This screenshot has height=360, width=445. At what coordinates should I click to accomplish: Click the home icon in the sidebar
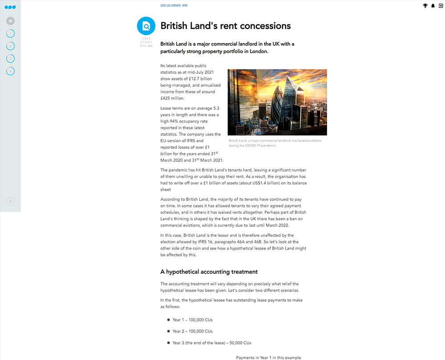pyautogui.click(x=11, y=21)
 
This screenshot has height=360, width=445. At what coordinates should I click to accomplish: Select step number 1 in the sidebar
pyautogui.click(x=11, y=33)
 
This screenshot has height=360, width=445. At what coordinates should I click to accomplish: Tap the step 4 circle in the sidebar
pyautogui.click(x=11, y=71)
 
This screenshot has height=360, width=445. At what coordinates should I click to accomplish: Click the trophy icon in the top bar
pyautogui.click(x=425, y=6)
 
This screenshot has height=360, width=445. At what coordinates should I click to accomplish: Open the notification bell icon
pyautogui.click(x=433, y=6)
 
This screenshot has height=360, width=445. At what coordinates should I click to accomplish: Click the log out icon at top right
pyautogui.click(x=441, y=6)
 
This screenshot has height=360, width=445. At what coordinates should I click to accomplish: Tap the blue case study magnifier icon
pyautogui.click(x=146, y=26)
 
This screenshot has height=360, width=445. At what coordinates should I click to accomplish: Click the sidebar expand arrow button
pyautogui.click(x=11, y=201)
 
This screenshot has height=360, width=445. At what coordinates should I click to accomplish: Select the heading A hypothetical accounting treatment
pyautogui.click(x=209, y=272)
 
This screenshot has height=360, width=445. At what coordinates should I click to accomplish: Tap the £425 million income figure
pyautogui.click(x=172, y=98)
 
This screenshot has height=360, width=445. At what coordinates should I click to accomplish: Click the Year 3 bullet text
pyautogui.click(x=212, y=343)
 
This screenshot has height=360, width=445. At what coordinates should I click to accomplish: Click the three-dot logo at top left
pyautogui.click(x=10, y=7)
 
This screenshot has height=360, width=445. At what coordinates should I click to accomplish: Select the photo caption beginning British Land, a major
pyautogui.click(x=274, y=143)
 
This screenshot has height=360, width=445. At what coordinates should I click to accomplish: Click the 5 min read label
pyautogui.click(x=146, y=46)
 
